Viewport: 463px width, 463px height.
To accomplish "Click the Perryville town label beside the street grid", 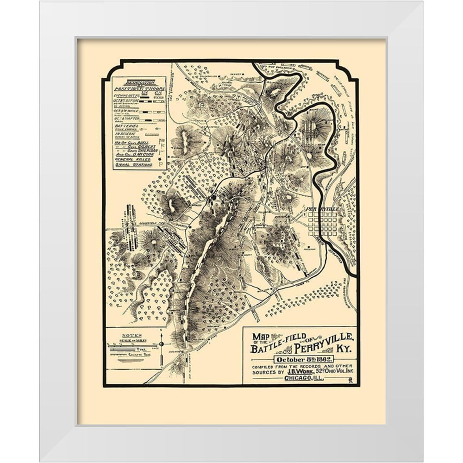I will click(x=323, y=209).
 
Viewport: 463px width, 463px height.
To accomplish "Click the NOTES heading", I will click(x=132, y=335).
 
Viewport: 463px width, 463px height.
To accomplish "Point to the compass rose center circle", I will click(x=162, y=344).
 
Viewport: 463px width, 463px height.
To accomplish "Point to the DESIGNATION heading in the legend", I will click(x=138, y=81).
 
